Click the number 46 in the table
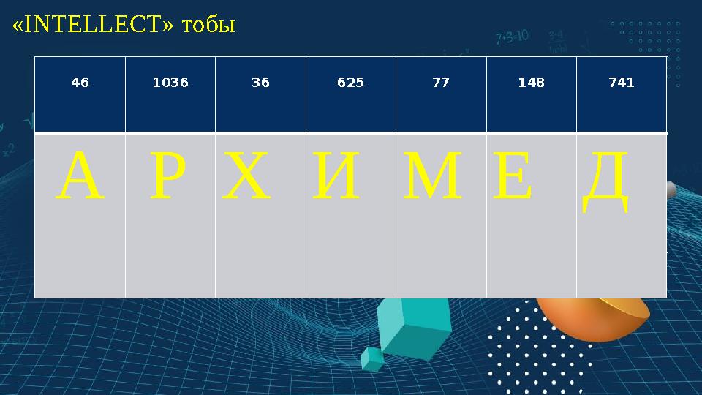[80, 83]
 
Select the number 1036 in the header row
[170, 83]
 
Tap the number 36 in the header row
[260, 83]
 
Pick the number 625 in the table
[350, 83]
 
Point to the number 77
[441, 83]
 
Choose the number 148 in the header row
[532, 83]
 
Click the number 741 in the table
[622, 83]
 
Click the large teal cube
[413, 328]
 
